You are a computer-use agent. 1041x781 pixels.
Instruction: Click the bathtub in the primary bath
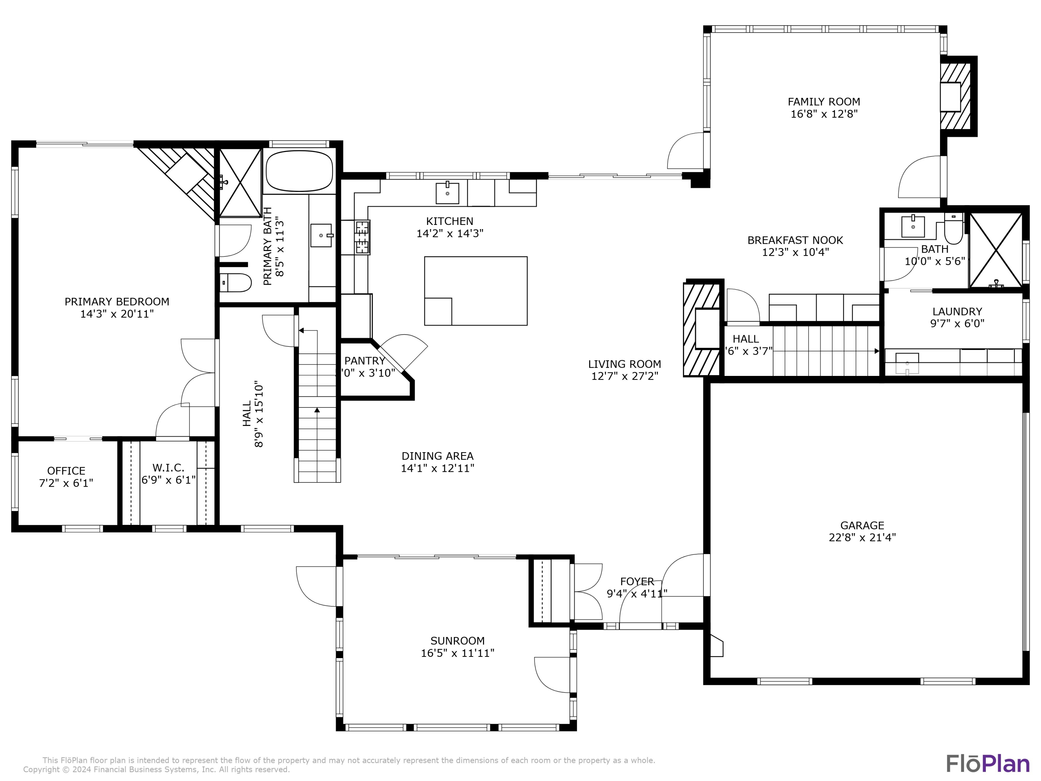[299, 170]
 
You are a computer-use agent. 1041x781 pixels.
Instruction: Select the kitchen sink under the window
[447, 193]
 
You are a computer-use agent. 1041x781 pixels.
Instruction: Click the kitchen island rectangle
[475, 291]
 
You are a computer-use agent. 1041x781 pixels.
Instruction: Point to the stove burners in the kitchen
[362, 237]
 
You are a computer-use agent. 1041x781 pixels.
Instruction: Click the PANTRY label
[365, 361]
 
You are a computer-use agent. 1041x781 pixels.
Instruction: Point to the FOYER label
[637, 581]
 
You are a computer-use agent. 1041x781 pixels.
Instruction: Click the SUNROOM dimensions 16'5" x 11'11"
[457, 653]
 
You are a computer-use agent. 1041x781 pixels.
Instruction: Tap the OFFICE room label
[66, 471]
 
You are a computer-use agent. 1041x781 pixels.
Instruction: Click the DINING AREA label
[437, 456]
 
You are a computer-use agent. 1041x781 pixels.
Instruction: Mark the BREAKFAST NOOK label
[795, 240]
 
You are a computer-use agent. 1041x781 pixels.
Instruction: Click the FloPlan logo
[987, 764]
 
